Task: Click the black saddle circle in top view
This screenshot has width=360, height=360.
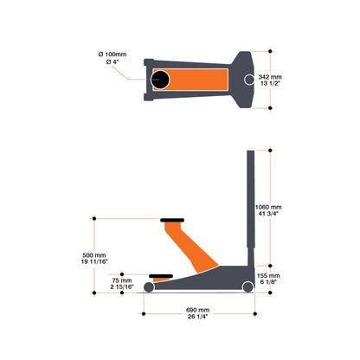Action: click(162, 80)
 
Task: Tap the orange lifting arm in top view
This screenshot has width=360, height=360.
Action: click(196, 80)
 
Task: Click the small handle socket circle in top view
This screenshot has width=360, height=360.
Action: click(248, 80)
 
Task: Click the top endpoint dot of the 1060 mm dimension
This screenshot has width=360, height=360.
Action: click(270, 151)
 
